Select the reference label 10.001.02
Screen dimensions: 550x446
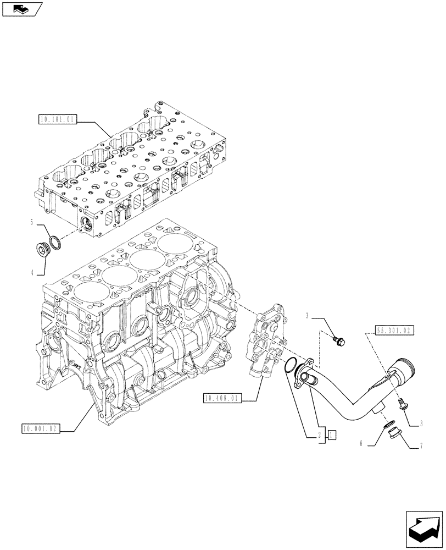(41, 428)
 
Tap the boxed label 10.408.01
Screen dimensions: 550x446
(222, 398)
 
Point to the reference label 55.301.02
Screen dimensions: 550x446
(395, 331)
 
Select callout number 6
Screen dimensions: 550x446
(361, 443)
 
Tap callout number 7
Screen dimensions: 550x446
(421, 447)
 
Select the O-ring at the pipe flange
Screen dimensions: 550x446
(291, 364)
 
